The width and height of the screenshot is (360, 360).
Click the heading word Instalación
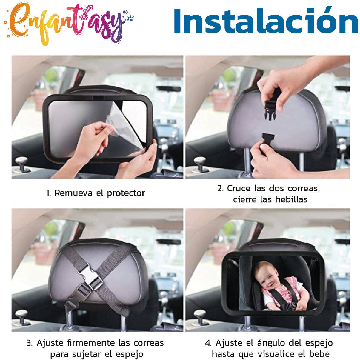pos(266,21)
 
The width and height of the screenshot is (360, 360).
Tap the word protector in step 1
pos(126,193)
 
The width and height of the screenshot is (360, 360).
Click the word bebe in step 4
pos(319,354)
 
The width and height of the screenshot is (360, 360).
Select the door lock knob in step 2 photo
pos(200,163)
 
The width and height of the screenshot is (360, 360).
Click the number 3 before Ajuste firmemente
pos(29,343)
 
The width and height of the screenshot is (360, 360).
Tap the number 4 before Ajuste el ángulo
pos(208,343)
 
